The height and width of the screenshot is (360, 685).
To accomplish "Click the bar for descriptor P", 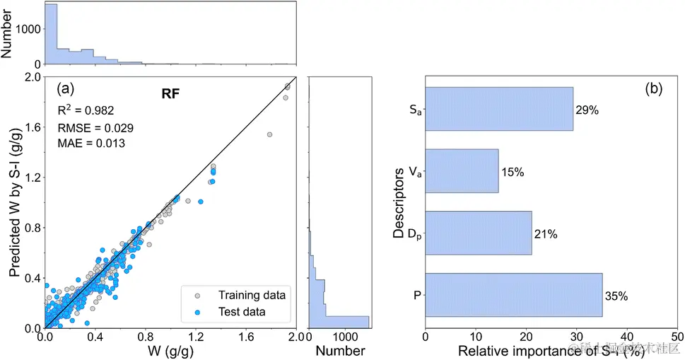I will pos(513,295).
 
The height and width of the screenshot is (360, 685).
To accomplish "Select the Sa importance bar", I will pos(499,109).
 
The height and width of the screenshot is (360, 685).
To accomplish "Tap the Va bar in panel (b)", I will pos(462,171).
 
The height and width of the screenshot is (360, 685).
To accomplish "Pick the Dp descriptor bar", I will pos(478,233).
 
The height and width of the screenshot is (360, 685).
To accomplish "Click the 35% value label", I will pos(616,296).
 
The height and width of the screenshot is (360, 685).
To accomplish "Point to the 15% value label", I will pos(513,172).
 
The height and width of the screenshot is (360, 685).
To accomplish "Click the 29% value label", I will pos(586,110).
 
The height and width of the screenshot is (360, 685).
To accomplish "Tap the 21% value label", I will pos(544,234).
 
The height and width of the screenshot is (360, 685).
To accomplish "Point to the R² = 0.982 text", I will pos(86,110).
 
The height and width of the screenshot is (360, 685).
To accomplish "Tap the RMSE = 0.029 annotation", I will pos(95,127).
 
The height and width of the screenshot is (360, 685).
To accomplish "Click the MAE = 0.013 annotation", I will pos(90,144).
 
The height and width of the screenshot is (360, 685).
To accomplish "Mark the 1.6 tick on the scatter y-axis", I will pos(30,127).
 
